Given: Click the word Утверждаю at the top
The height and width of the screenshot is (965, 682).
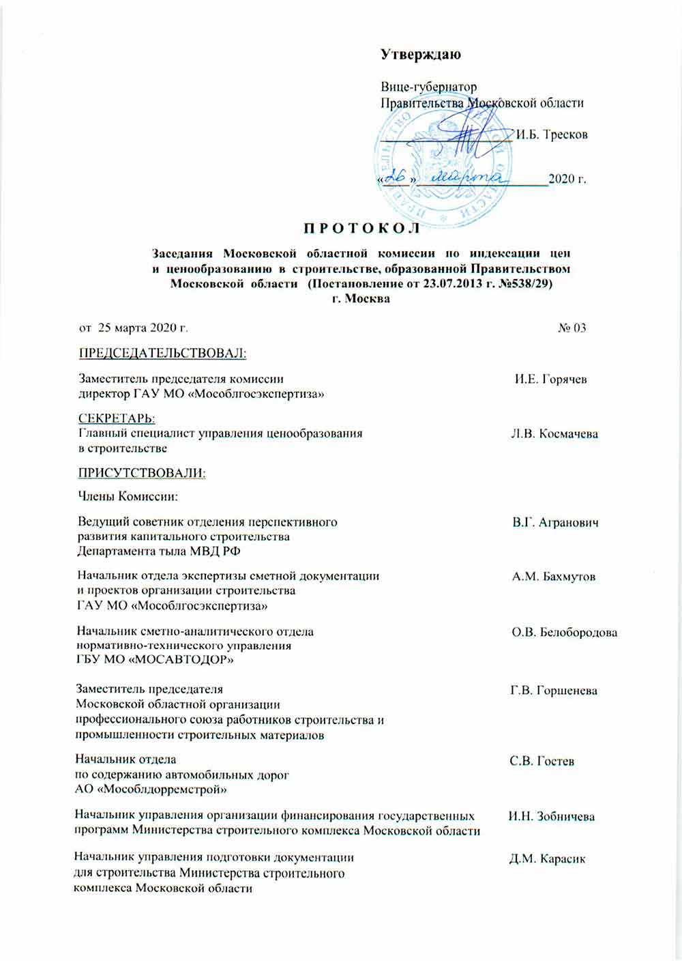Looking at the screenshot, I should [x=420, y=55].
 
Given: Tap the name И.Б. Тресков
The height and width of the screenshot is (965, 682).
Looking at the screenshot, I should [x=552, y=134].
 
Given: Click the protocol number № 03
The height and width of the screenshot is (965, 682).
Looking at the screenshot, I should [x=572, y=328].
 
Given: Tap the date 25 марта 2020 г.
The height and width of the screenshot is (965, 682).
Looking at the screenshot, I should [x=143, y=328].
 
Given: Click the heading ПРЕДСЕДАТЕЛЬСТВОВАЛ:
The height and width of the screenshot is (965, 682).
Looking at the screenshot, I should [x=162, y=353].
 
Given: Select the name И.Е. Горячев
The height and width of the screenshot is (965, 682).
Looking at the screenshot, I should [x=550, y=379].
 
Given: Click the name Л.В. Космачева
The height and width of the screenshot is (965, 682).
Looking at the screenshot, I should [x=554, y=434].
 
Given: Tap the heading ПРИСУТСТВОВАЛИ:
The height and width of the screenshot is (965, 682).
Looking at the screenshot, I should [x=142, y=472].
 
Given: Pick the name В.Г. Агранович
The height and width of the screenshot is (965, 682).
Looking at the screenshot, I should [x=555, y=523].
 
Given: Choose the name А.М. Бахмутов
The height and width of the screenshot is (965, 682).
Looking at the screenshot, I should [x=554, y=577].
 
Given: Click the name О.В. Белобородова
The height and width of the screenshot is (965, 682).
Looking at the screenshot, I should [x=565, y=632].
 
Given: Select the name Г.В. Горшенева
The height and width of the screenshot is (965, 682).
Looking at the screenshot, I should [x=554, y=691].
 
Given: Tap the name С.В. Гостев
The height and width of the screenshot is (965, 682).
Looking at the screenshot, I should [x=542, y=760].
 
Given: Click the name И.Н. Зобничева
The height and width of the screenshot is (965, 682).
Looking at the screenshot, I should [x=551, y=816].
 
